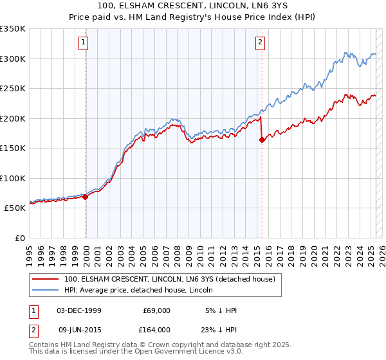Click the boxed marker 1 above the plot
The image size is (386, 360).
[84, 43]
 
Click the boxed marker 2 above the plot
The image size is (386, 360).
[260, 43]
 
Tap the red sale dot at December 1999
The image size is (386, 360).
[86, 197]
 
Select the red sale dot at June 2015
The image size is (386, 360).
[262, 140]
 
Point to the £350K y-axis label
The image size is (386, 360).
[12, 29]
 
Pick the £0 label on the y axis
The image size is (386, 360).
[19, 238]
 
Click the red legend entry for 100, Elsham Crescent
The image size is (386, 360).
[170, 279]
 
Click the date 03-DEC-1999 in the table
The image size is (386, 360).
[79, 310]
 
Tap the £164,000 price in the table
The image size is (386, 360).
[157, 330]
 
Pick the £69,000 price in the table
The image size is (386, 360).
[157, 310]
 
